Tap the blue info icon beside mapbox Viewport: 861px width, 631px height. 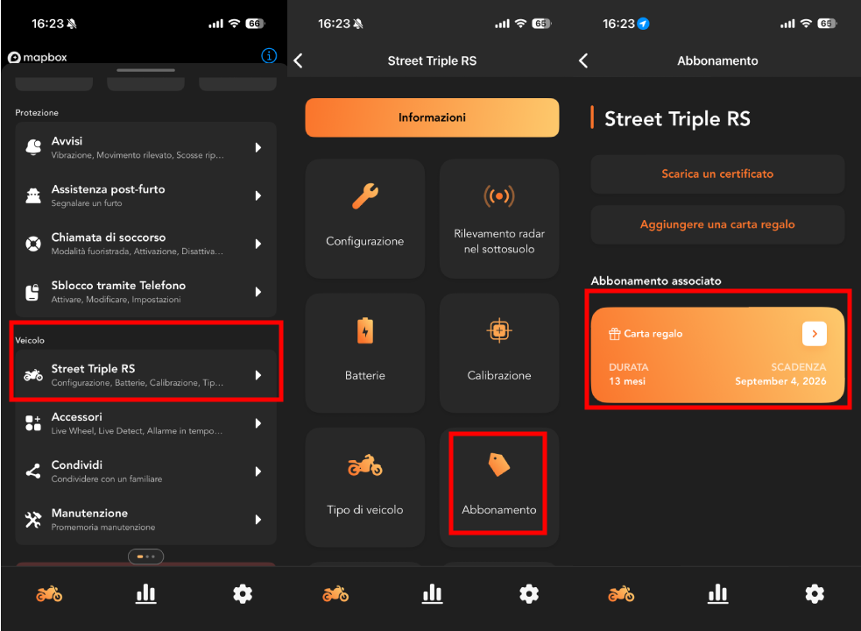tap(269, 55)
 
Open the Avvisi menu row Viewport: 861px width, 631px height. tap(145, 147)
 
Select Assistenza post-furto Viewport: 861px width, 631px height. tap(145, 195)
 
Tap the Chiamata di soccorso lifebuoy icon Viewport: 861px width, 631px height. tap(33, 244)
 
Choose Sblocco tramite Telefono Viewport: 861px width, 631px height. tap(145, 292)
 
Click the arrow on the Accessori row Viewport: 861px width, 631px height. tap(258, 423)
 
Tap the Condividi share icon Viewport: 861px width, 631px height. tap(33, 471)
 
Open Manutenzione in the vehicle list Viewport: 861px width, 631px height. tap(145, 520)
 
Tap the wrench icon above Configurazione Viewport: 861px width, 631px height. tap(365, 195)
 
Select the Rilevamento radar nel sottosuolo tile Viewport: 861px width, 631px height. tap(499, 219)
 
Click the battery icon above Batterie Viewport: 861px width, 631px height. tap(365, 330)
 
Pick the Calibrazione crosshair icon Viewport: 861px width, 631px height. tap(499, 330)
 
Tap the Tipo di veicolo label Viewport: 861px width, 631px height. tap(365, 509)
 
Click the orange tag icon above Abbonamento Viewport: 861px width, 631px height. tap(499, 464)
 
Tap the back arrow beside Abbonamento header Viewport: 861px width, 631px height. tap(583, 60)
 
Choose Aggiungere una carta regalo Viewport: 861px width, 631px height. tap(717, 224)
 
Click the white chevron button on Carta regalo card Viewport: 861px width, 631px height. tap(815, 334)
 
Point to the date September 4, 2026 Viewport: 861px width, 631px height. tap(780, 381)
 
